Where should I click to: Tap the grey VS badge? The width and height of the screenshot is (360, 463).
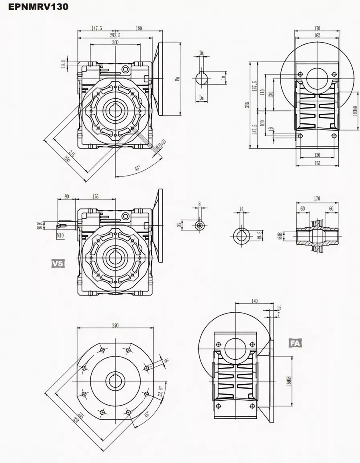tap(58, 263)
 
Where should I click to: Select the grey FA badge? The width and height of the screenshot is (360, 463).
tap(295, 343)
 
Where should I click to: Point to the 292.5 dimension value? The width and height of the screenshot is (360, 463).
tap(115, 35)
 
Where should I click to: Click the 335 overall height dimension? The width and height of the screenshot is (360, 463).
tap(247, 105)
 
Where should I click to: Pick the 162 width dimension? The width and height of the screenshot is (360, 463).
tap(317, 35)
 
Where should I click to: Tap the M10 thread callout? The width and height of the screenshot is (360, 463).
tap(60, 235)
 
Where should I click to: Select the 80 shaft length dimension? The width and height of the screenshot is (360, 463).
tap(66, 197)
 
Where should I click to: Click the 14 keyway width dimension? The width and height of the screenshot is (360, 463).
tap(241, 208)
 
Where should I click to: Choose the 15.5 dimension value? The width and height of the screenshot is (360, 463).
tap(63, 64)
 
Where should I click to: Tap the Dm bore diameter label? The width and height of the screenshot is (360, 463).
tap(201, 98)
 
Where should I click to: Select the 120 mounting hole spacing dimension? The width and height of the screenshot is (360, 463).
tap(317, 155)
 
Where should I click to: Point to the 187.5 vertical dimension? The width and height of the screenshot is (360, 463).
tap(254, 86)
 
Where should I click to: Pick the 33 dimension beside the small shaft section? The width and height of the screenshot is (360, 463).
tap(179, 225)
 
